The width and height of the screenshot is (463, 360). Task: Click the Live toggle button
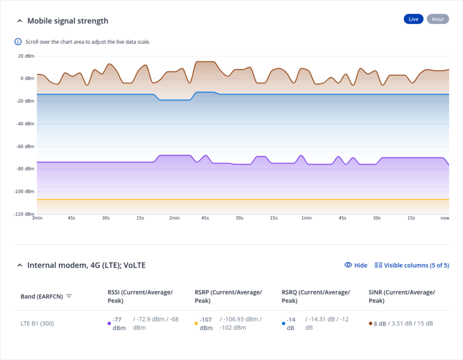413,19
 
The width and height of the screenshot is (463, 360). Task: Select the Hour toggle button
438,19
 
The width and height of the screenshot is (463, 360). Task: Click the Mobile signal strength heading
68,21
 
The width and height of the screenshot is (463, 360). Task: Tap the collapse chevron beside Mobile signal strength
19,21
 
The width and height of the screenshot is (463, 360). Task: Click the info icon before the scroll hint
18,42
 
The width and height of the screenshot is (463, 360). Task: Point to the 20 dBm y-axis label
26,56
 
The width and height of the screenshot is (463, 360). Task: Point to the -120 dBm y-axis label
25,214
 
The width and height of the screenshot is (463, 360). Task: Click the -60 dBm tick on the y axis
25,146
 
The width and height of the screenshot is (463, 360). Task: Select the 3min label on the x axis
37,218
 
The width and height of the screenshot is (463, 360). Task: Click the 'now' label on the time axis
444,218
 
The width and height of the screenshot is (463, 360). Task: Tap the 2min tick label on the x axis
174,218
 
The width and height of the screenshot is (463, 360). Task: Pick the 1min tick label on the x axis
306,218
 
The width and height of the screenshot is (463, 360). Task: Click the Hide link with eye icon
356,265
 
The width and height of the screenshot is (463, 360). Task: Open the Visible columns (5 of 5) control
411,265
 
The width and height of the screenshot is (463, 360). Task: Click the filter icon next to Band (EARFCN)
69,296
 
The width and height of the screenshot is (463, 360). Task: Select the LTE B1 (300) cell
37,323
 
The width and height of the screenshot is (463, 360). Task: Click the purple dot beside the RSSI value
109,323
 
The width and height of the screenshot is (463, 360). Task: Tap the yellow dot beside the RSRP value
196,323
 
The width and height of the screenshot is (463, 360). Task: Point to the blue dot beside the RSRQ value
283,323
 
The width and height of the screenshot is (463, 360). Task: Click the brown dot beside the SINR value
371,323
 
